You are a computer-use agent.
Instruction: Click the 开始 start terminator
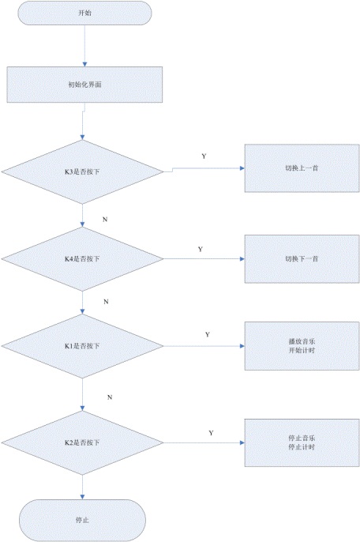pyautogui.click(x=84, y=13)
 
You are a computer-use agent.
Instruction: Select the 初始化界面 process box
pyautogui.click(x=84, y=85)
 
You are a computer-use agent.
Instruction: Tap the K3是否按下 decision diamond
pyautogui.click(x=82, y=171)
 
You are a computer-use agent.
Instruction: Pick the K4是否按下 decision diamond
pyautogui.click(x=82, y=259)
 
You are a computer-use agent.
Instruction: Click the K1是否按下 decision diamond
pyautogui.click(x=82, y=346)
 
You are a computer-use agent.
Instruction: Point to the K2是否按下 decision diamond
pyautogui.click(x=82, y=442)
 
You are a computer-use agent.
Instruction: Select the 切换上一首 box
pyautogui.click(x=302, y=168)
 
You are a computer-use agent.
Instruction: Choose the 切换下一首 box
pyautogui.click(x=302, y=259)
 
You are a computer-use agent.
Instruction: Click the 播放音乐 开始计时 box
pyautogui.click(x=302, y=346)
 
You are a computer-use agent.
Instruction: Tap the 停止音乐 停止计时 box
pyautogui.click(x=302, y=442)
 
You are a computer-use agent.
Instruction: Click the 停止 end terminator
pyautogui.click(x=82, y=520)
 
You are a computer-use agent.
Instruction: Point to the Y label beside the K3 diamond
pyautogui.click(x=204, y=156)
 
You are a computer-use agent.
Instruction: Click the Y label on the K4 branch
pyautogui.click(x=201, y=249)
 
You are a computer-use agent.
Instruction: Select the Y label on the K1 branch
pyautogui.click(x=208, y=335)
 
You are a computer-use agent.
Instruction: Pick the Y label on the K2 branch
pyautogui.click(x=211, y=433)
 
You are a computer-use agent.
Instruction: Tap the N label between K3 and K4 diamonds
pyautogui.click(x=105, y=220)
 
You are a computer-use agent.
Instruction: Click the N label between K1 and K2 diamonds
pyautogui.click(x=110, y=397)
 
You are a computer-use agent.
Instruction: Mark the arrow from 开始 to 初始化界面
pyautogui.click(x=84, y=46)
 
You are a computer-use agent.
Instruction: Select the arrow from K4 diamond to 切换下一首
pyautogui.click(x=204, y=259)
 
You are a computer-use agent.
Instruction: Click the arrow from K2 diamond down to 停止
pyautogui.click(x=82, y=487)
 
